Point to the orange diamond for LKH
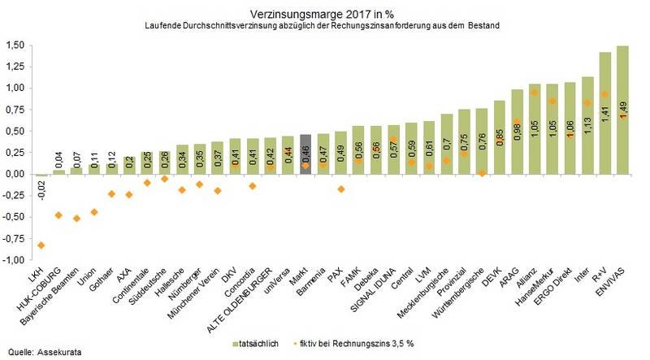(x=41, y=245)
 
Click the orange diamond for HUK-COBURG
(x=58, y=215)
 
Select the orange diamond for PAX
(x=340, y=189)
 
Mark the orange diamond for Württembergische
(x=482, y=173)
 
